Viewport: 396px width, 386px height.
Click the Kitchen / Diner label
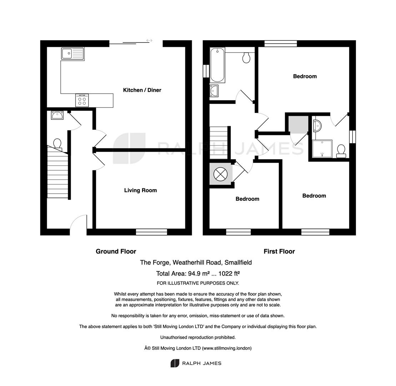142,90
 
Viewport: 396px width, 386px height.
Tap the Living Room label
140,190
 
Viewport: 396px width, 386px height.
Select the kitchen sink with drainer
72,54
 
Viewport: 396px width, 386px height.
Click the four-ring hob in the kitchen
82,100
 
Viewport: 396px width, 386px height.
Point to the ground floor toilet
57,144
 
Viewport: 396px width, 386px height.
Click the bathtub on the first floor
217,65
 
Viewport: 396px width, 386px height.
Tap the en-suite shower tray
322,149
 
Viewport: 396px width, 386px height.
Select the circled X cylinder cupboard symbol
220,174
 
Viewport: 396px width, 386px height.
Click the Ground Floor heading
116,251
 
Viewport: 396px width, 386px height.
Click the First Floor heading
279,251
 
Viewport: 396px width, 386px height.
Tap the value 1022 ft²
229,273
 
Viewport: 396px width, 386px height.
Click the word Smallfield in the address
238,262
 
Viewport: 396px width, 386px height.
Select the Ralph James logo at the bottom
196,363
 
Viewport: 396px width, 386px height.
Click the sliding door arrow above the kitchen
149,40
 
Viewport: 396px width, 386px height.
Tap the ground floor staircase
57,172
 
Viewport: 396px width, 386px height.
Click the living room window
151,232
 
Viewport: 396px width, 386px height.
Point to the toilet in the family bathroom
246,58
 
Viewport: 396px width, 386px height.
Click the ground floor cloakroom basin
57,115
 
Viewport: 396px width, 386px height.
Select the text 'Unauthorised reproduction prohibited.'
198,337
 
